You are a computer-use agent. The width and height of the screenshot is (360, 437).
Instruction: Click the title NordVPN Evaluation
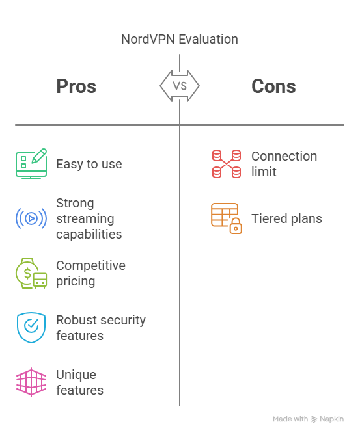180,39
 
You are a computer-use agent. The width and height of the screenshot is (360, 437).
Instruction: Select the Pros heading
76,86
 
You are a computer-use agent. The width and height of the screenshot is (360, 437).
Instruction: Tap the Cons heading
273,86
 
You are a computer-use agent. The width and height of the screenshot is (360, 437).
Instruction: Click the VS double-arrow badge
180,86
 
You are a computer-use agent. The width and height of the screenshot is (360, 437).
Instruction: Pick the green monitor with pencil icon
31,164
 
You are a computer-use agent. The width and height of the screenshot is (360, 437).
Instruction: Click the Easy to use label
89,164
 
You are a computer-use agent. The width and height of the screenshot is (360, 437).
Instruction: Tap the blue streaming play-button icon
31,218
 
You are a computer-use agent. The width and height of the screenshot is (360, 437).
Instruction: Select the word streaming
85,219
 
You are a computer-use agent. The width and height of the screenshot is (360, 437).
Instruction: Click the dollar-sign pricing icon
31,273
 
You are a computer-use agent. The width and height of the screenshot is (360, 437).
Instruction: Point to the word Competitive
90,265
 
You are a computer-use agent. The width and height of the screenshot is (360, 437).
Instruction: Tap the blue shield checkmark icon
31,328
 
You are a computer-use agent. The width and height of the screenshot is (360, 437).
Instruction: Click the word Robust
74,320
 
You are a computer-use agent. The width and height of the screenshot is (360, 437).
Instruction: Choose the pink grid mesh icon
31,382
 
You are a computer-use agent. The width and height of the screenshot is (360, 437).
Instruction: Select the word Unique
76,375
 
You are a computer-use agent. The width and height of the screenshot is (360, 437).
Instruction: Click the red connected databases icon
227,164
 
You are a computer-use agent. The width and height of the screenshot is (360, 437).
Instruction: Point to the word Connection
284,156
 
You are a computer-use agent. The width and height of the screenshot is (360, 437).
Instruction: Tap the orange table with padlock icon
227,218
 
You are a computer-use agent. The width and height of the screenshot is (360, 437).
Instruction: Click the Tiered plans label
286,218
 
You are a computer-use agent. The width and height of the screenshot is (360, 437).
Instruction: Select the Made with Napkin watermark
309,419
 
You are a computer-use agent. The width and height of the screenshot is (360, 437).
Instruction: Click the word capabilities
89,234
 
